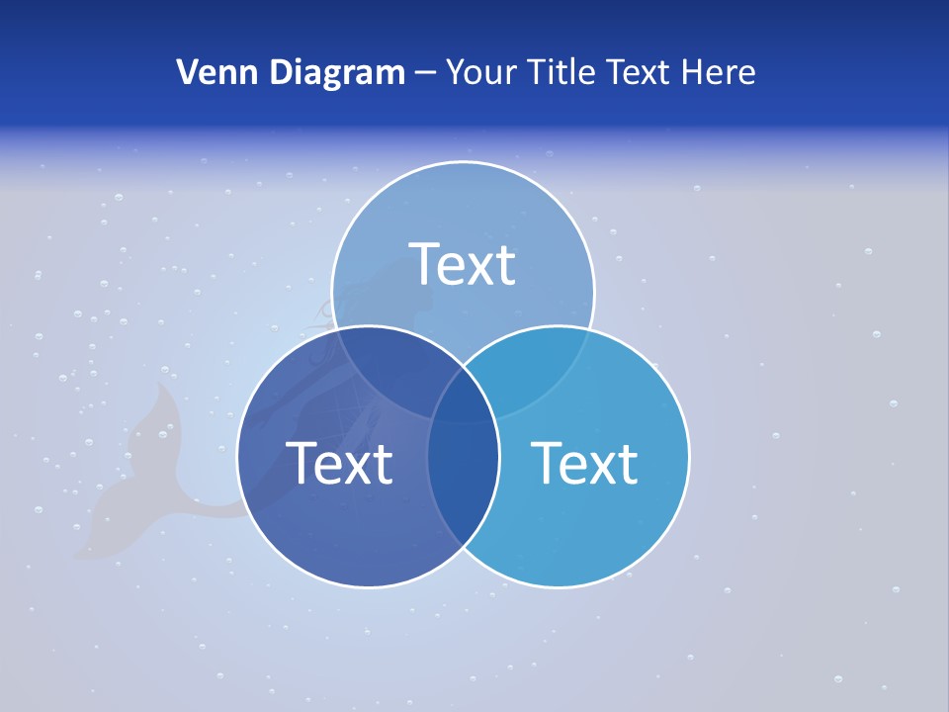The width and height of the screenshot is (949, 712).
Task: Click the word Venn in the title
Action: click(x=210, y=72)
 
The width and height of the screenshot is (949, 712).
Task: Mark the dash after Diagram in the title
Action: click(x=425, y=73)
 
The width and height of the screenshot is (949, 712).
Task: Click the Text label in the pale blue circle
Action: click(x=463, y=264)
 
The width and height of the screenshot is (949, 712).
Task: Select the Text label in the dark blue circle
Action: click(x=339, y=463)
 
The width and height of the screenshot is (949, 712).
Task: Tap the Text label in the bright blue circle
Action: click(x=584, y=463)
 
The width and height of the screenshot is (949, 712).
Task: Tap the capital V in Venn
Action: click(x=187, y=72)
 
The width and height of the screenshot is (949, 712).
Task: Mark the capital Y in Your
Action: click(x=455, y=72)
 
